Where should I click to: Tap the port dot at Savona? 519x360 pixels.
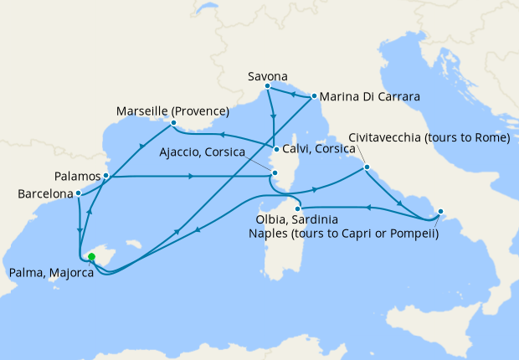[267, 86]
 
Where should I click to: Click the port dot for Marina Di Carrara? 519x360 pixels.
[313, 96]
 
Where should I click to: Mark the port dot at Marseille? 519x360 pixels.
[172, 124]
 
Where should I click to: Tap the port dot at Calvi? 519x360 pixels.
[275, 151]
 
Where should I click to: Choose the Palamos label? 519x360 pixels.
[77, 177]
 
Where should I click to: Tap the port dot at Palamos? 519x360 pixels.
[106, 177]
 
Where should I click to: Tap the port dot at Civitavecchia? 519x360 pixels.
[367, 168]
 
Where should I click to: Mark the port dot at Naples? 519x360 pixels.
[440, 212]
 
